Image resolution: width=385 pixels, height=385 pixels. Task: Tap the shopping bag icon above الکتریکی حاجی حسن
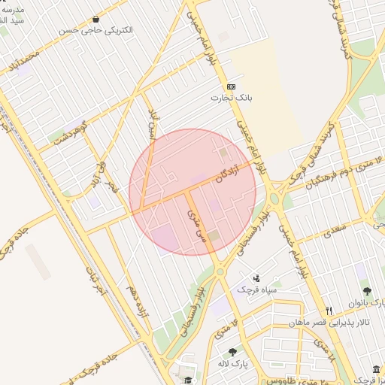tap(95, 19)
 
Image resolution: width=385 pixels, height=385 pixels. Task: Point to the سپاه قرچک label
tap(257, 290)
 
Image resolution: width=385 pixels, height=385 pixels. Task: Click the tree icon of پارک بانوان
tap(367, 292)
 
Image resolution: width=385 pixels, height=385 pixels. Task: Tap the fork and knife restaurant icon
tap(329, 311)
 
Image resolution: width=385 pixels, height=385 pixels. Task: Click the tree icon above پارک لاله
tap(232, 352)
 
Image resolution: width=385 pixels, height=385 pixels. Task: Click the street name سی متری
tap(195, 223)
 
